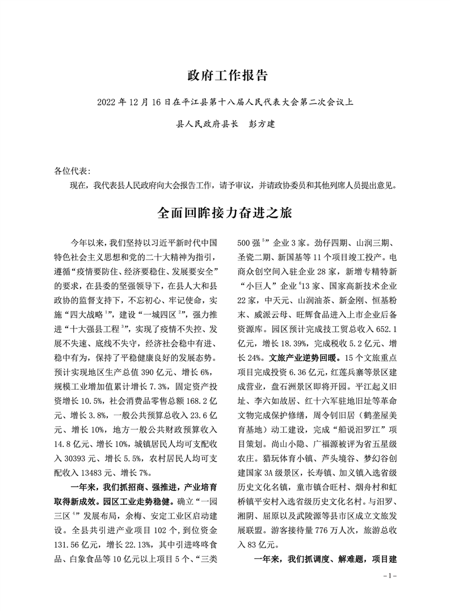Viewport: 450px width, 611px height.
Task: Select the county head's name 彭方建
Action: [x=262, y=124]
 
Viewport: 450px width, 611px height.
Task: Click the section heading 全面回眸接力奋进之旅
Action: [x=225, y=213]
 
